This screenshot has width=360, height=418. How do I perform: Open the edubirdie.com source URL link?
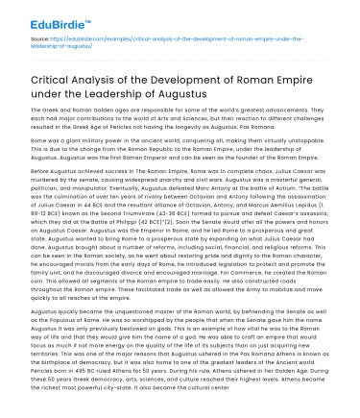144,44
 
